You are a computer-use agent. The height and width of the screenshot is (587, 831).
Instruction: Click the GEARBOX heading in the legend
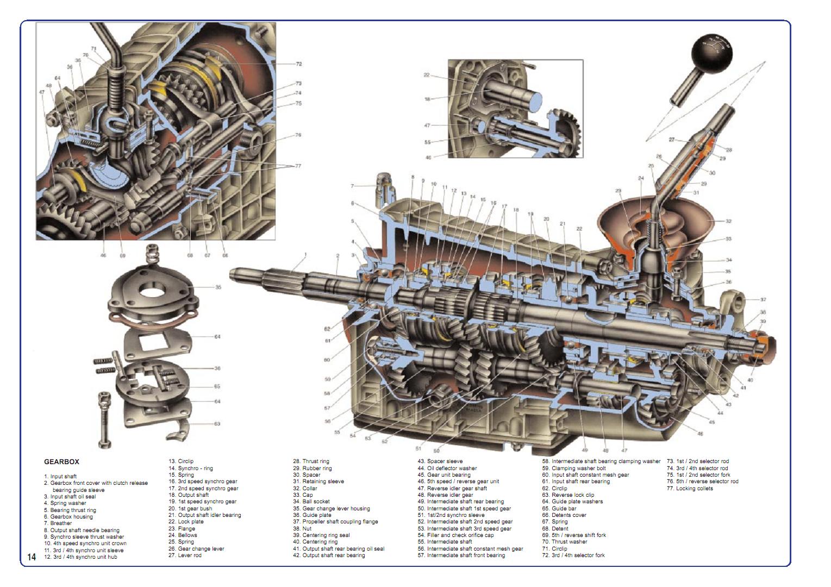click(x=61, y=462)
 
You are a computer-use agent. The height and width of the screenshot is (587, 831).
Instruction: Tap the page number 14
click(x=32, y=557)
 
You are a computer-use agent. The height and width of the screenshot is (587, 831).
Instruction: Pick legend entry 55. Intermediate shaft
click(x=445, y=542)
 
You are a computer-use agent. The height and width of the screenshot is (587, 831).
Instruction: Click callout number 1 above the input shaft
click(x=305, y=254)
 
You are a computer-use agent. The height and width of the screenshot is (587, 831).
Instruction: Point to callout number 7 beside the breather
click(x=352, y=186)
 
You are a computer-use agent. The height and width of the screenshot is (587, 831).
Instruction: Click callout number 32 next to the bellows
click(x=728, y=221)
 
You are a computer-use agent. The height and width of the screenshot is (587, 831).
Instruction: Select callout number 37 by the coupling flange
click(x=763, y=299)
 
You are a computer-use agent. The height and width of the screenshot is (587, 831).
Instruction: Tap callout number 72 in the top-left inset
click(x=298, y=64)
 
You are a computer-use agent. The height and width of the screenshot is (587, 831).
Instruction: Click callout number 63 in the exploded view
click(x=217, y=424)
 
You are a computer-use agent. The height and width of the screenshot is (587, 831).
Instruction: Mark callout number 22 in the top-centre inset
click(x=427, y=76)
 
